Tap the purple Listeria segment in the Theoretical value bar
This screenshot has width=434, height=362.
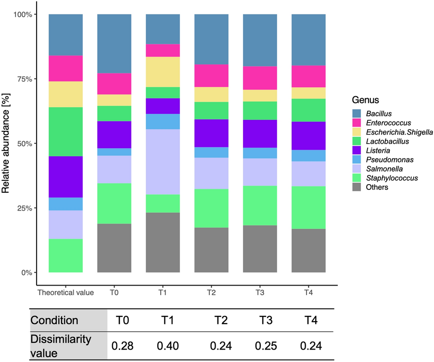pos(66,176)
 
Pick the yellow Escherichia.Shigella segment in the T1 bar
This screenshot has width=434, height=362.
pos(163,72)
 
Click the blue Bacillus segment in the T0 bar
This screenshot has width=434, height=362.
pos(115,43)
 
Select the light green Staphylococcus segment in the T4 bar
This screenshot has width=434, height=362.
pos(308,207)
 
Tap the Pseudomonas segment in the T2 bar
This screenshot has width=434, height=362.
pos(211,152)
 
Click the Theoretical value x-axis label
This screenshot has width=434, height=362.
pos(66,292)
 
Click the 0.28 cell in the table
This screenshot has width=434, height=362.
pos(122,346)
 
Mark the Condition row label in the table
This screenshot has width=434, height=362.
pos(54,320)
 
